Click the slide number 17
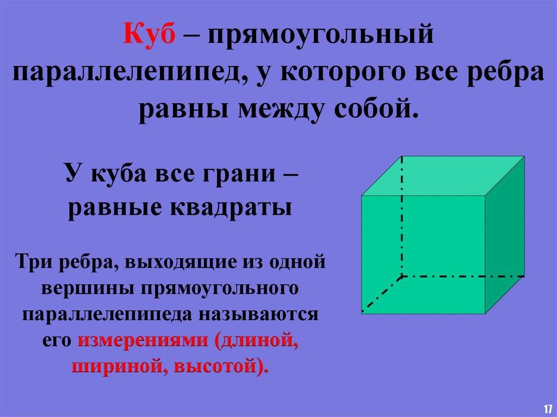click(547, 408)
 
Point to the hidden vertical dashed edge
click(402, 217)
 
